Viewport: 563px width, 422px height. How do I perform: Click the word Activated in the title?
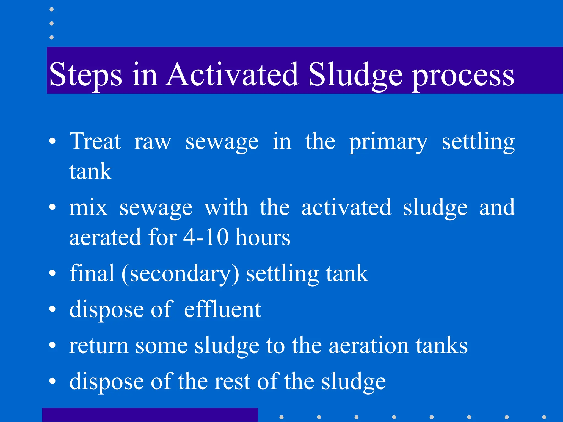coord(232,74)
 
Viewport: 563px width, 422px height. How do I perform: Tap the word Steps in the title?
coord(85,75)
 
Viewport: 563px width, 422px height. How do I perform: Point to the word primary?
coord(388,142)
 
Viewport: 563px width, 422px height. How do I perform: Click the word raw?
coord(153,142)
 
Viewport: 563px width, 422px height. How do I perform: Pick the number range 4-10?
coord(206,237)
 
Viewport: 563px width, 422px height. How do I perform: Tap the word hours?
coord(263,237)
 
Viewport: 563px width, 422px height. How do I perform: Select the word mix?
coord(88,207)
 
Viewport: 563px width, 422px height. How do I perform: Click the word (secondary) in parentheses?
coord(180,274)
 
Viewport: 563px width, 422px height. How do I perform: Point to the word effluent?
coord(223,309)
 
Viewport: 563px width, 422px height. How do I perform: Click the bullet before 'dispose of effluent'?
coord(52,309)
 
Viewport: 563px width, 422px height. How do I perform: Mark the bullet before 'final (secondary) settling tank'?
coord(52,273)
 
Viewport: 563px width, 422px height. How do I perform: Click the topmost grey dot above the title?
coord(51,9)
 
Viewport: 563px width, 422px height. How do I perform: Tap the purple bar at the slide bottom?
coord(150,415)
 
